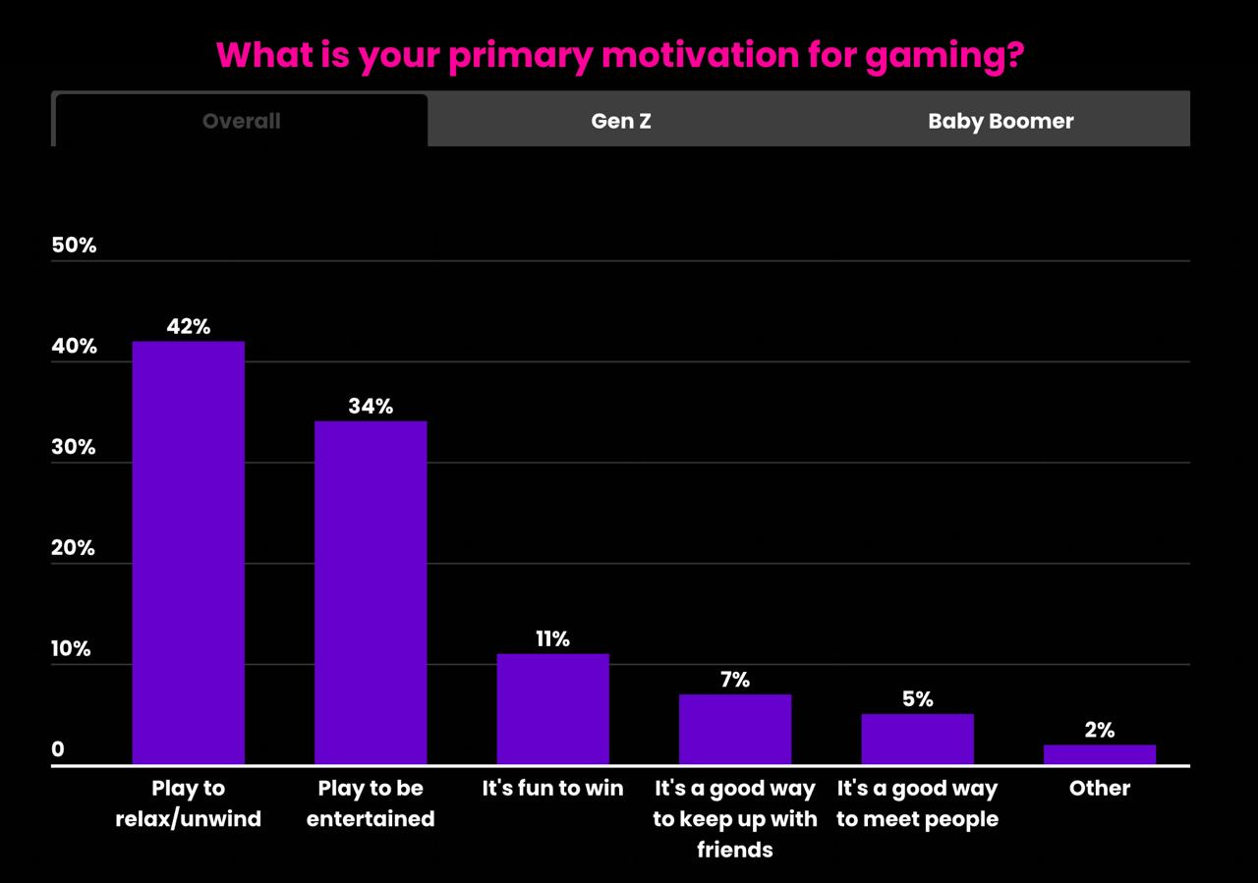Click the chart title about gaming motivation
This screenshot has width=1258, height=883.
[620, 56]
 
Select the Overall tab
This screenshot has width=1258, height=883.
[241, 121]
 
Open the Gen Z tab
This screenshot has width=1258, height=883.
[621, 121]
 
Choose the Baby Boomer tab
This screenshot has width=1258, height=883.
[1001, 121]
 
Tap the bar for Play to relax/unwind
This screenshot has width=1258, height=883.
[189, 552]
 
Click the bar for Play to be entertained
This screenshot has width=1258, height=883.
[371, 592]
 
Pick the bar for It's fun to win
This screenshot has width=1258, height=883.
[552, 708]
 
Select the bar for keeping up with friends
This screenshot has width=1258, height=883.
[735, 729]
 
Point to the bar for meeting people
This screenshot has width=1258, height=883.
[917, 739]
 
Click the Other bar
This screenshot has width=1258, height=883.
[1099, 754]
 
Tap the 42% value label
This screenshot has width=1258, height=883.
[189, 326]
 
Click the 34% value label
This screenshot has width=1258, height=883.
[371, 406]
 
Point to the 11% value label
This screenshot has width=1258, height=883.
[552, 638]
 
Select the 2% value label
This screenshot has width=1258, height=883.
[1099, 730]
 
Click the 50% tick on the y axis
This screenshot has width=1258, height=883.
[74, 246]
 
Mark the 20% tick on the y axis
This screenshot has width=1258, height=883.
[74, 548]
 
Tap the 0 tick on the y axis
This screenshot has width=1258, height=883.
[58, 749]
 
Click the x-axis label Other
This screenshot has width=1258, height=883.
[1099, 788]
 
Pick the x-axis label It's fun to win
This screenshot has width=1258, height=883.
[552, 788]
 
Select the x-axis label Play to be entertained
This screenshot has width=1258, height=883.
[371, 803]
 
